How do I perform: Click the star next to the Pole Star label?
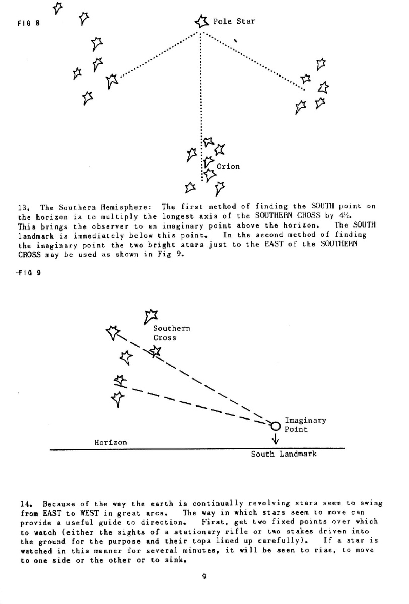point(202,21)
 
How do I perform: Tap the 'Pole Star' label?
point(234,21)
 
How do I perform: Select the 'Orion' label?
point(228,166)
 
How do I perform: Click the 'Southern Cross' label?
point(172,333)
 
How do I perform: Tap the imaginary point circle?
point(275,426)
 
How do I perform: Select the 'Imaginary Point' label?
point(305,425)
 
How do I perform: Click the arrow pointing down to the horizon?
point(276,439)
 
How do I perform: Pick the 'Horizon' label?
point(111,442)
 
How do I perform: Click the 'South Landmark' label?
point(284,454)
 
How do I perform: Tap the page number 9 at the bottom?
point(204,577)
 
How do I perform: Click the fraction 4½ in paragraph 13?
point(343,216)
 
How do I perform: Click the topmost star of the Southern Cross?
point(150,316)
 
